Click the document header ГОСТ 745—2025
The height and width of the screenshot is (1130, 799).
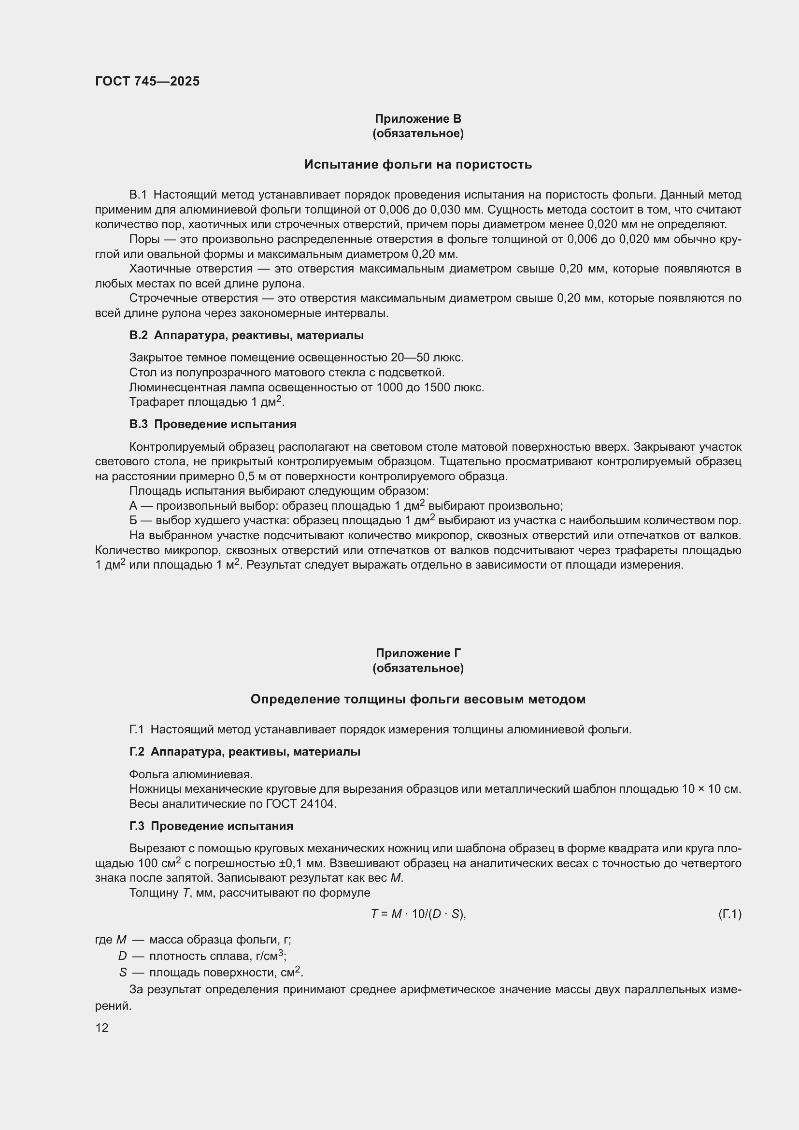pos(147,81)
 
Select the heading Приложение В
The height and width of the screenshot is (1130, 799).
pos(418,119)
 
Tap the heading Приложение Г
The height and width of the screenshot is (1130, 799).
pos(418,653)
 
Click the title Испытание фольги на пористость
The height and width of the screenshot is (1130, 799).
pos(418,164)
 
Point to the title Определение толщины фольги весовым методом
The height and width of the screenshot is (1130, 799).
pos(418,700)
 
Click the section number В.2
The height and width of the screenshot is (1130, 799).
pos(138,336)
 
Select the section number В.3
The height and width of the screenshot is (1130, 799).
pos(138,424)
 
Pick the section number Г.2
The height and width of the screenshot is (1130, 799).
pos(137,752)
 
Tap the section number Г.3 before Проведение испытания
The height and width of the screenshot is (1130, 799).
pos(137,826)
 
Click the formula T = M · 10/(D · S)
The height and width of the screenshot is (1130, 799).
pos(418,915)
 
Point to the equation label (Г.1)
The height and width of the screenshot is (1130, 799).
pos(729,915)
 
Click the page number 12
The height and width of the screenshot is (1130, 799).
pos(102,1028)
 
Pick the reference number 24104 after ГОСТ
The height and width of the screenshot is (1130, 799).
pos(317,804)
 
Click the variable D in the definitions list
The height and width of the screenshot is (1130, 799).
pos(123,956)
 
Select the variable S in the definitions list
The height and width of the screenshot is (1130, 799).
pos(123,973)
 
